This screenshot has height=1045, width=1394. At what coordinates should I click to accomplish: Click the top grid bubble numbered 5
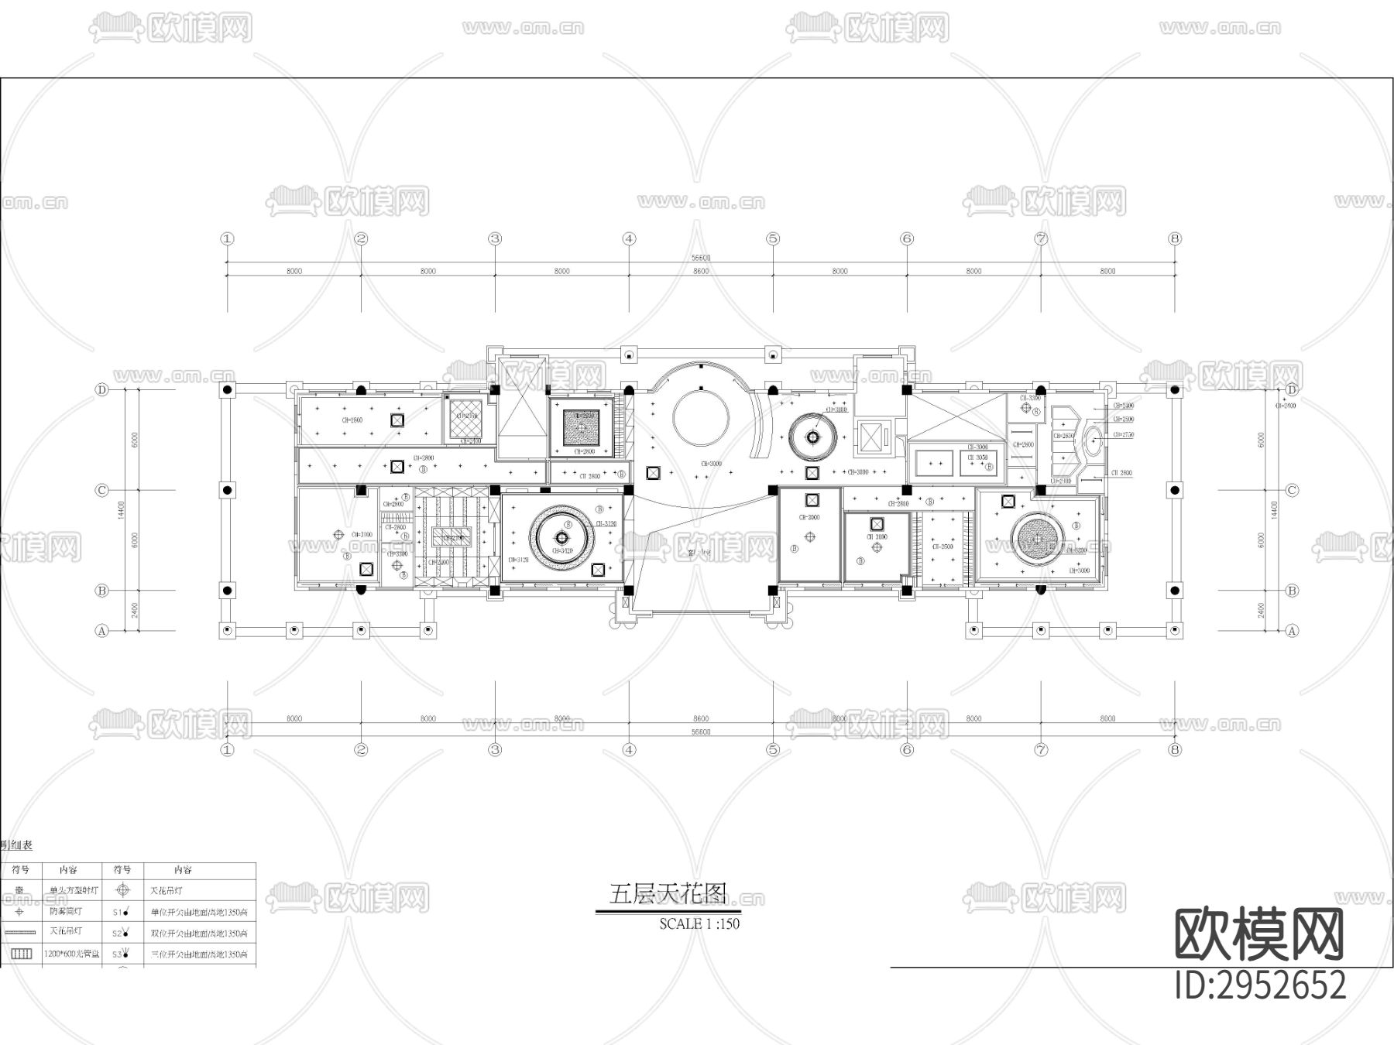pos(773,238)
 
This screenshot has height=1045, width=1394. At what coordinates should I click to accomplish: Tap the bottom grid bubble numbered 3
pos(495,749)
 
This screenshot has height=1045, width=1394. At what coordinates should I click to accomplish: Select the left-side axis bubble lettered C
pos(101,490)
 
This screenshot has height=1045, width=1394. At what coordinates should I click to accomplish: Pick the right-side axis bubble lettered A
pos(1292,631)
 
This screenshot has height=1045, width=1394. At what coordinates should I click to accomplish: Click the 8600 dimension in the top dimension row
pos(700,271)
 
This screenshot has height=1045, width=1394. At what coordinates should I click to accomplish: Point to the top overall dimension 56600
pos(700,258)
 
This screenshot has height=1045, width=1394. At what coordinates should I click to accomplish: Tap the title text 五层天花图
pos(668,895)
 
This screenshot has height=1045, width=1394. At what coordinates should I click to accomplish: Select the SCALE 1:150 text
pos(699,923)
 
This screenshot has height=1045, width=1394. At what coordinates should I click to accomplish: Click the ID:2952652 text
pos(1261,986)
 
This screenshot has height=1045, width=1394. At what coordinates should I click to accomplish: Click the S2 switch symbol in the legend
pos(121,934)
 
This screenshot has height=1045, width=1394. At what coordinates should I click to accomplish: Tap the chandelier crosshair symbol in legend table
pos(122,891)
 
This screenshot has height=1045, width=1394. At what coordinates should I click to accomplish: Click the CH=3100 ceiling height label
pos(362,534)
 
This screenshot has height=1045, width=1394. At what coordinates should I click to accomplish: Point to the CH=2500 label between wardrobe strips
pos(941,546)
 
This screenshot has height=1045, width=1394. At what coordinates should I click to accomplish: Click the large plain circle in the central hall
pos(701,416)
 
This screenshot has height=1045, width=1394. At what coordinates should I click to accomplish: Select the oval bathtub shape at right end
pos(1093,440)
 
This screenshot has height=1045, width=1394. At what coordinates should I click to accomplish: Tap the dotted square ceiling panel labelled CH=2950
pos(582,427)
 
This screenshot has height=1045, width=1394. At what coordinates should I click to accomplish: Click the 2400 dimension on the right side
pos(1261,611)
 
